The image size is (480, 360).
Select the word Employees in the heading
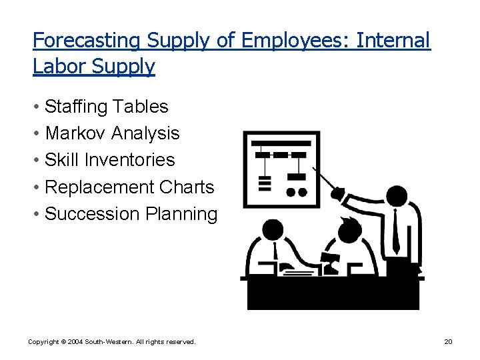tap(294, 41)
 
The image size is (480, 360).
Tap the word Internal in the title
tap(393, 41)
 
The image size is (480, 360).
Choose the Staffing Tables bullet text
tap(107, 107)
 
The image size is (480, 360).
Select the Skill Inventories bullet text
tap(110, 160)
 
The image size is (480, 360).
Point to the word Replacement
tap(100, 187)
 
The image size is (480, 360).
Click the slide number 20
tap(448, 342)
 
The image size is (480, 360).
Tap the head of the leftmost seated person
tap(273, 231)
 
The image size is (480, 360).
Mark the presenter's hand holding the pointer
tap(339, 195)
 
